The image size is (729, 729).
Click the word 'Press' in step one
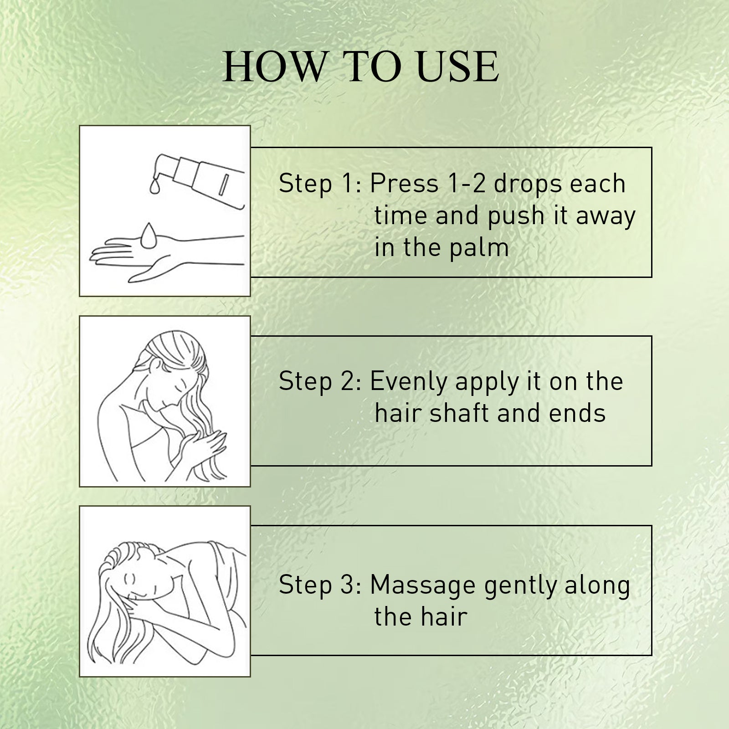click(x=404, y=184)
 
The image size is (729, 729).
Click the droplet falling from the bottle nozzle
click(x=154, y=185)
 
